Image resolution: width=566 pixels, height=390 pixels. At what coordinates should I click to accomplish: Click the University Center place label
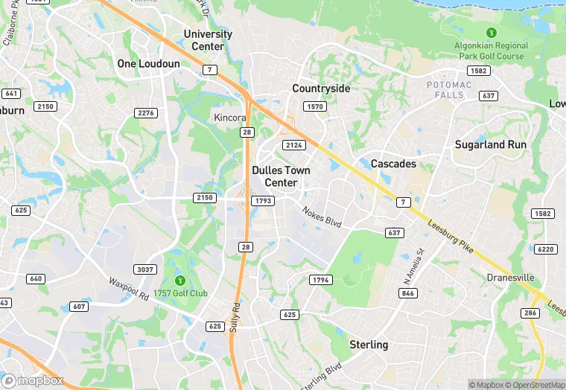(208, 39)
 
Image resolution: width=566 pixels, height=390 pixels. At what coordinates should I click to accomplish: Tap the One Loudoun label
(148, 64)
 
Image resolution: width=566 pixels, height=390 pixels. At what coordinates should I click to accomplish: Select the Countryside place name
(321, 89)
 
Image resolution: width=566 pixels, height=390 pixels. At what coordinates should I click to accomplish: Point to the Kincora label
(229, 118)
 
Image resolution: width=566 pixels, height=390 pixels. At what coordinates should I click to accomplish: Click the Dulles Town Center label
(281, 176)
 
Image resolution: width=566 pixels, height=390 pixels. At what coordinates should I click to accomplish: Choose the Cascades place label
(393, 164)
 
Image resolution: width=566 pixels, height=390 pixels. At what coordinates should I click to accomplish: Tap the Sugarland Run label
(490, 145)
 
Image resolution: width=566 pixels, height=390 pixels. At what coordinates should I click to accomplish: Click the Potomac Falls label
(449, 90)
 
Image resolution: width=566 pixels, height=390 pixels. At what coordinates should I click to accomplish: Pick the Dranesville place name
(510, 278)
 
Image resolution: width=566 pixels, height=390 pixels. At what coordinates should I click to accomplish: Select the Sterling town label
(369, 345)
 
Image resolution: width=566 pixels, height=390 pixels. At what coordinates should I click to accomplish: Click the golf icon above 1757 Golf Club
(179, 280)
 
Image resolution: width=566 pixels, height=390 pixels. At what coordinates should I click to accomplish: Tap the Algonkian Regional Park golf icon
(491, 33)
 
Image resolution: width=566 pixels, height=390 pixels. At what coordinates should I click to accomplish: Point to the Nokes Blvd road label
(322, 217)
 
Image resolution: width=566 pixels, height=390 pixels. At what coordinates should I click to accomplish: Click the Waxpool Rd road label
(129, 288)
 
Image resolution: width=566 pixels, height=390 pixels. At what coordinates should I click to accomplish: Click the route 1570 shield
(316, 107)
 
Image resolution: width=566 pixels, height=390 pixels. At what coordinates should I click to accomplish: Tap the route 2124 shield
(293, 145)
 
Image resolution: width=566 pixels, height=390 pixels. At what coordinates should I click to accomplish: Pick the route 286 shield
(530, 314)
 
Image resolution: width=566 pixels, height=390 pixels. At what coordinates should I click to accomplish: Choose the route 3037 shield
(145, 269)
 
